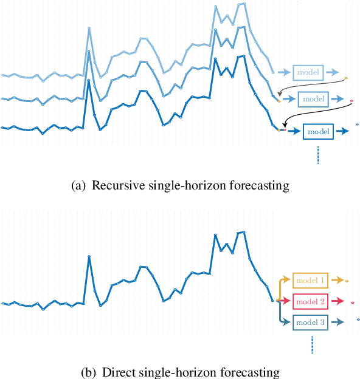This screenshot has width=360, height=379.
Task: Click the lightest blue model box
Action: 308,72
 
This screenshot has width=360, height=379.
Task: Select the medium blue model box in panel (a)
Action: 313,98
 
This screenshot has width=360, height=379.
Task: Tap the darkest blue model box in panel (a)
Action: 318,131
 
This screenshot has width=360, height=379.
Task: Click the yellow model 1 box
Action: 310,281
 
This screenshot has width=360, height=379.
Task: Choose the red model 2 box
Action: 310,301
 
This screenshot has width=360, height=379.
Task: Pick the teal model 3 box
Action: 310,322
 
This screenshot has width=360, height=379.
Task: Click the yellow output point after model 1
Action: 347,281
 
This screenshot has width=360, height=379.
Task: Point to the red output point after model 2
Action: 353,302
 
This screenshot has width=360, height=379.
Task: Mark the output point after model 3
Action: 358,319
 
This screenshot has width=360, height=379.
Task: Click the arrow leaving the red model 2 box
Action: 337,301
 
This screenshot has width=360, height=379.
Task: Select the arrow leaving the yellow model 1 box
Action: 337,281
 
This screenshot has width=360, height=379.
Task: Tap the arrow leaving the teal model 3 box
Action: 337,322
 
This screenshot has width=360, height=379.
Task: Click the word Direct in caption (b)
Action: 117,372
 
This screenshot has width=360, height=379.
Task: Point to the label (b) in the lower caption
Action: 89,372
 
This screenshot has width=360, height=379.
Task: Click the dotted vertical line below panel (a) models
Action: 317,155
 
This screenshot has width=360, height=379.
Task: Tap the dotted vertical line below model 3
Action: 311,345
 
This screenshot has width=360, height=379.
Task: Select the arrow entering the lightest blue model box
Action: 283,72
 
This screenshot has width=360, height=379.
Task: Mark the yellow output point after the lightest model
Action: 346,78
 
